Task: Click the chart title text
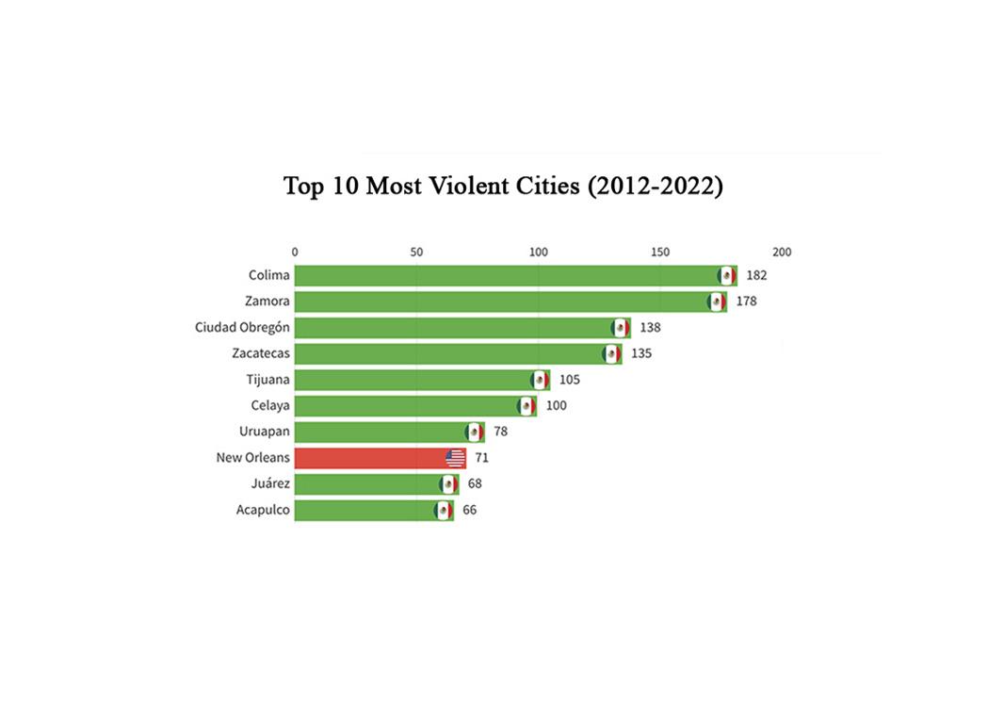[x=503, y=186]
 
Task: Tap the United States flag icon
[x=455, y=459]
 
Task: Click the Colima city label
[x=269, y=275]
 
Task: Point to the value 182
[x=756, y=275]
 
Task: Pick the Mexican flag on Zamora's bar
[x=717, y=302]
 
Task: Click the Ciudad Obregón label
[x=242, y=328]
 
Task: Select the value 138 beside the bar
[x=650, y=328]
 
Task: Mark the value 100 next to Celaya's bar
[x=556, y=406]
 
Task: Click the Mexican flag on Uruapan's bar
[x=475, y=432]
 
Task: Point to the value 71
[x=481, y=458]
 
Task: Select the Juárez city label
[x=271, y=484]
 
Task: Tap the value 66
[x=469, y=510]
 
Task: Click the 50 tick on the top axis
[x=416, y=252]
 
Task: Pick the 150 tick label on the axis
[x=660, y=252]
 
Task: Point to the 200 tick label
[x=782, y=252]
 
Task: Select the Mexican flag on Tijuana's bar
[x=540, y=380]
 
